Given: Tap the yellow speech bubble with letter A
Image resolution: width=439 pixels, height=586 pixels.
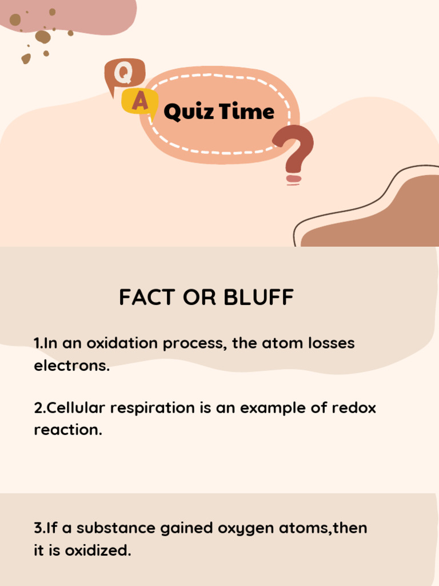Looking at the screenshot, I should point(139,101).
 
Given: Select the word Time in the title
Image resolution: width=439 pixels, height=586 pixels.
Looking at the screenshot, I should point(246,111).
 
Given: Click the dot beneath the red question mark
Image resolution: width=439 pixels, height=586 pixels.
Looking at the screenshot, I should point(294,179).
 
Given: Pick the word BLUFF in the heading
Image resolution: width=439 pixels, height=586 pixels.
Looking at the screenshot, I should point(259,298).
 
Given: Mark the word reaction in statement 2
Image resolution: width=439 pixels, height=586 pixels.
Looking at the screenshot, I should point(67,430).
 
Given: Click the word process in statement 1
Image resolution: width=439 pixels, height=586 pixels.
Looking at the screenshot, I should point(195,344).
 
